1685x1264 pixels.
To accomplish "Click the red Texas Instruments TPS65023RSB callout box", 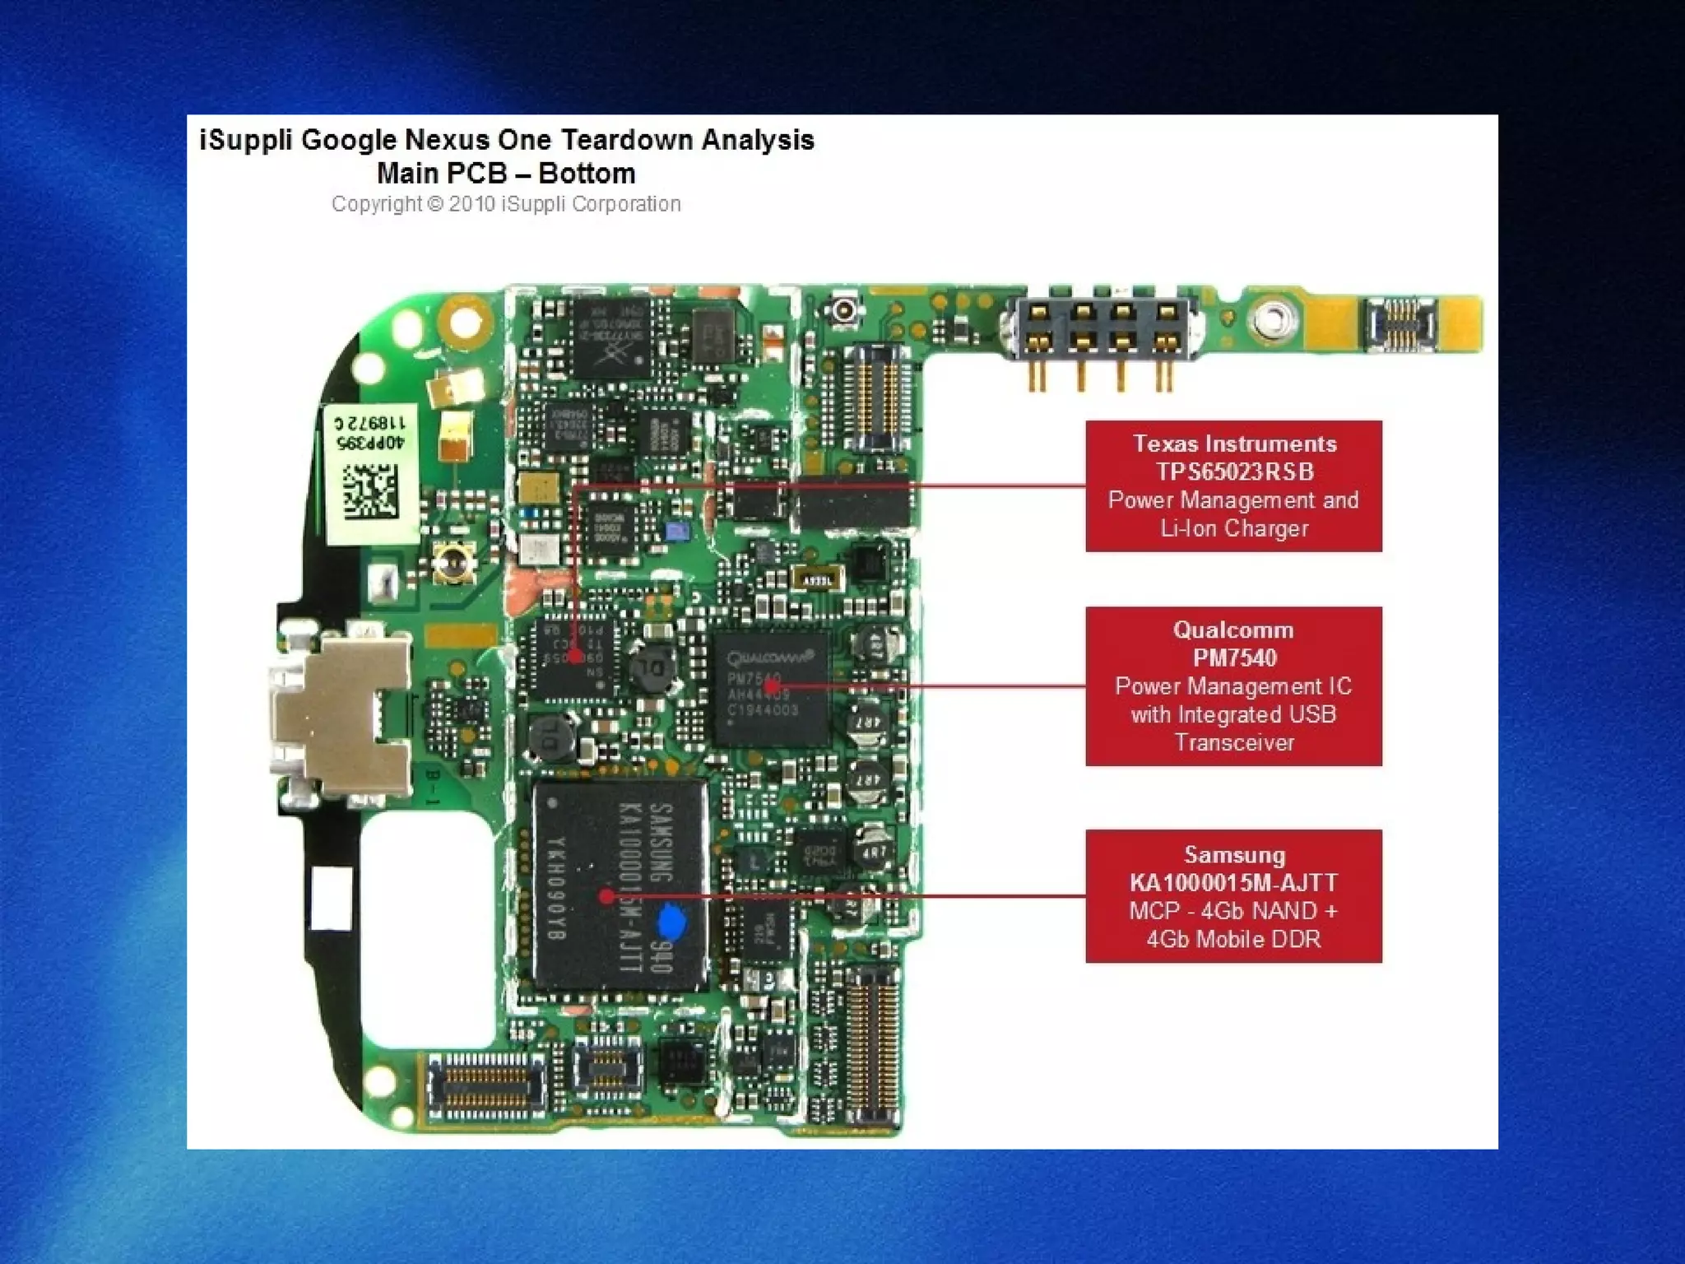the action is click(x=1233, y=486).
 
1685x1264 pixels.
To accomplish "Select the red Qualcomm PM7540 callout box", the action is click(x=1233, y=686).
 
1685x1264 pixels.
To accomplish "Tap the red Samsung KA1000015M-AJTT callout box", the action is click(x=1233, y=896).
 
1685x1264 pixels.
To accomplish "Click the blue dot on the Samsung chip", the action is click(x=672, y=922).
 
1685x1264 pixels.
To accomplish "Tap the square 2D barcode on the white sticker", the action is click(x=369, y=491).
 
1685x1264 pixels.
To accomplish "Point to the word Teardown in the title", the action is click(x=627, y=140).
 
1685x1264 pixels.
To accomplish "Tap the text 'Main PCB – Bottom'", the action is click(x=506, y=174).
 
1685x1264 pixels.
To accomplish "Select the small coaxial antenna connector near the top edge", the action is click(x=844, y=311).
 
